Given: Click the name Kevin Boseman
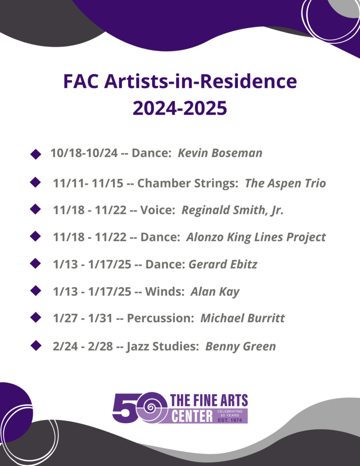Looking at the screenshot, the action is tap(220, 153).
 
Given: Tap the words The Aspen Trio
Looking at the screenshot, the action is tap(285, 183).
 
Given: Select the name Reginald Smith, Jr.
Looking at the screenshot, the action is tap(233, 210).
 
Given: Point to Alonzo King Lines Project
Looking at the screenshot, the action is tap(256, 238).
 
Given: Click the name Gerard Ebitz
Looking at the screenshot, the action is tap(223, 264).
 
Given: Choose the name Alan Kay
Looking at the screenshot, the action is tap(215, 292).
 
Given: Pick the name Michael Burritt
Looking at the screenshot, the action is tap(243, 318).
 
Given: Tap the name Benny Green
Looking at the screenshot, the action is tap(240, 346).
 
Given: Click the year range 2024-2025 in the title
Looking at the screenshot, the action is tap(180, 108).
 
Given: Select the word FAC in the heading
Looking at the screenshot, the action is tap(81, 81).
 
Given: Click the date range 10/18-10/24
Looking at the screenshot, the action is tap(84, 153).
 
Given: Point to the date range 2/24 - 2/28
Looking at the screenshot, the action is tap(83, 346).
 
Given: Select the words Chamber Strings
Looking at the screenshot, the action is tap(188, 183).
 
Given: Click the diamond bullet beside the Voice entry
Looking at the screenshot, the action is tap(35, 209).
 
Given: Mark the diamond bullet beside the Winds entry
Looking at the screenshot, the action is tap(35, 291).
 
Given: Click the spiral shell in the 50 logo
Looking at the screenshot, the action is tap(151, 406).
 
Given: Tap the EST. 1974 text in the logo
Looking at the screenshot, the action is tap(230, 420).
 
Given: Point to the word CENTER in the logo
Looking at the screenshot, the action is tap(192, 416).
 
